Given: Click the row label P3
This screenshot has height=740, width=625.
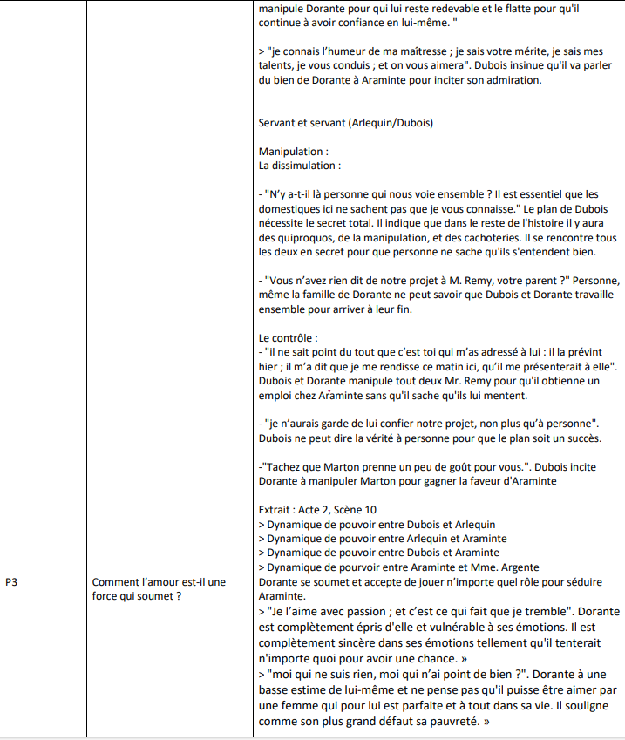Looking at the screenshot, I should [x=12, y=581].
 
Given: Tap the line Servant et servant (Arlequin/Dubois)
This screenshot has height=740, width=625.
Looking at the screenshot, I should [x=345, y=123].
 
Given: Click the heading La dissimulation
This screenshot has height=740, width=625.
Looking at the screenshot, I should [x=299, y=165].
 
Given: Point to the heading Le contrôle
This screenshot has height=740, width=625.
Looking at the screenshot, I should [x=289, y=336].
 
